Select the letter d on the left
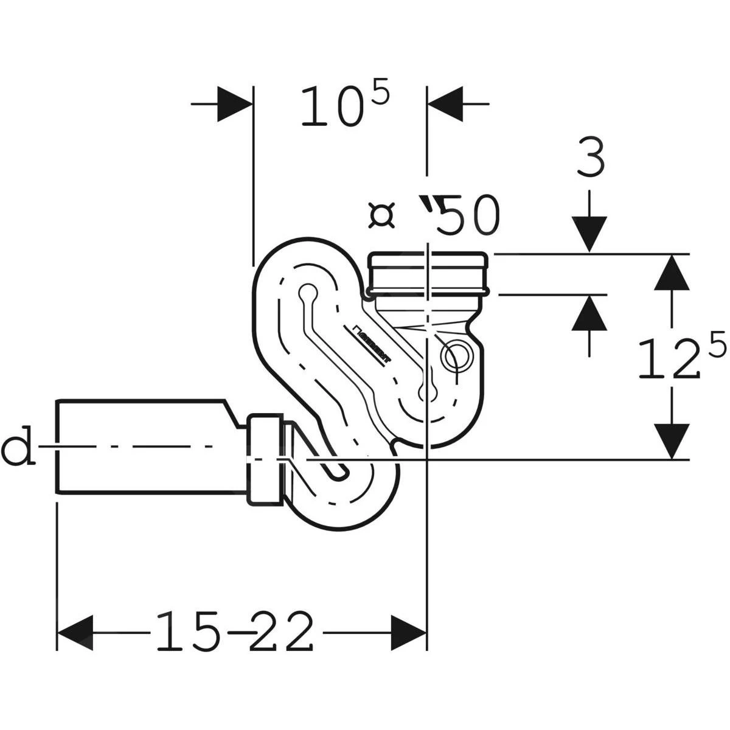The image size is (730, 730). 18,448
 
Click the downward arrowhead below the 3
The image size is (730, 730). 589,234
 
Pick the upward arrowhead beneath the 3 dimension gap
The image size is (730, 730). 589,312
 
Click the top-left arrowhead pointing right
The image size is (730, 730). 234,104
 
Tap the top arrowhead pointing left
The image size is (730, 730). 446,104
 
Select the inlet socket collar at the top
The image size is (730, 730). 429,274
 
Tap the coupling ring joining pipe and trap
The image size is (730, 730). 266,459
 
